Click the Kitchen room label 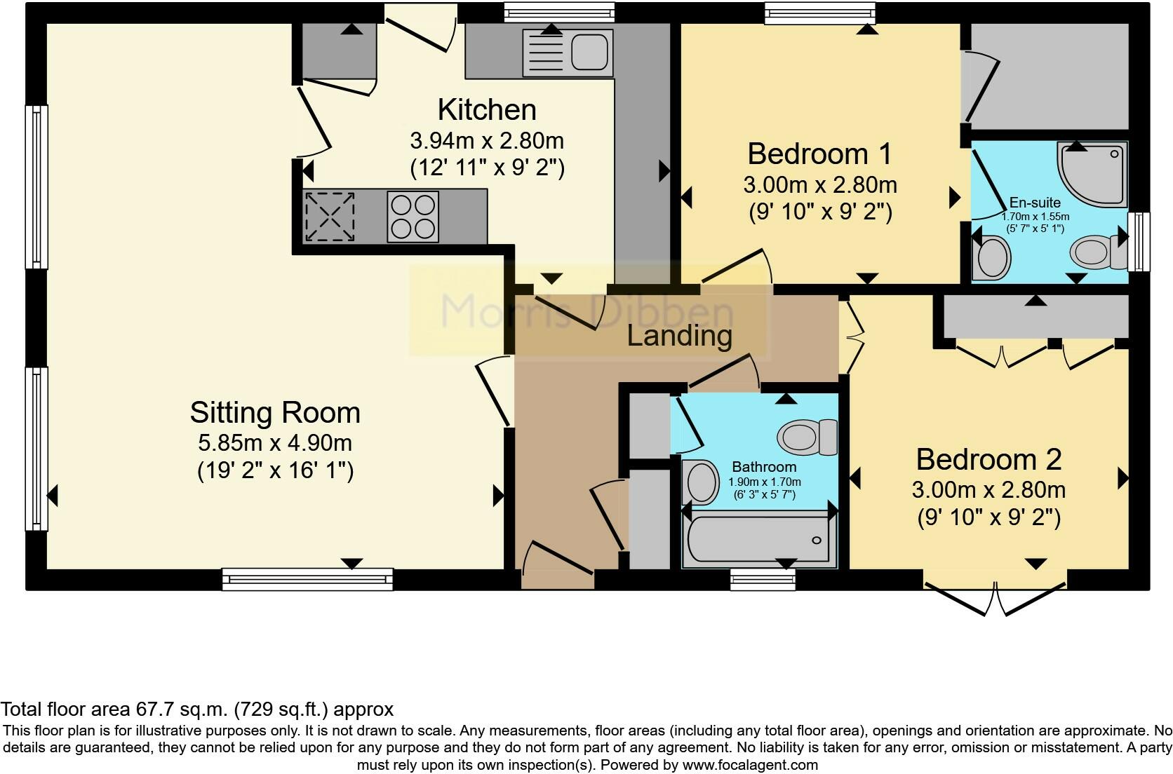(x=487, y=110)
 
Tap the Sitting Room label (x=275, y=413)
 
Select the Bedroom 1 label (x=819, y=154)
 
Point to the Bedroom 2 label (x=988, y=459)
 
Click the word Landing (x=679, y=336)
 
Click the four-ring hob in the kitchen (x=413, y=217)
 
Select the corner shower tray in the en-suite (x=1092, y=173)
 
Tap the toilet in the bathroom (x=807, y=437)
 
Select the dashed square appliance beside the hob (x=330, y=217)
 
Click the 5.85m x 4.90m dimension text (x=275, y=443)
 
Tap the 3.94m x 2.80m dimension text (x=487, y=141)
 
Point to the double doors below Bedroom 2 (x=995, y=599)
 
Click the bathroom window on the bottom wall (x=763, y=579)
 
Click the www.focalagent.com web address (x=750, y=765)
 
